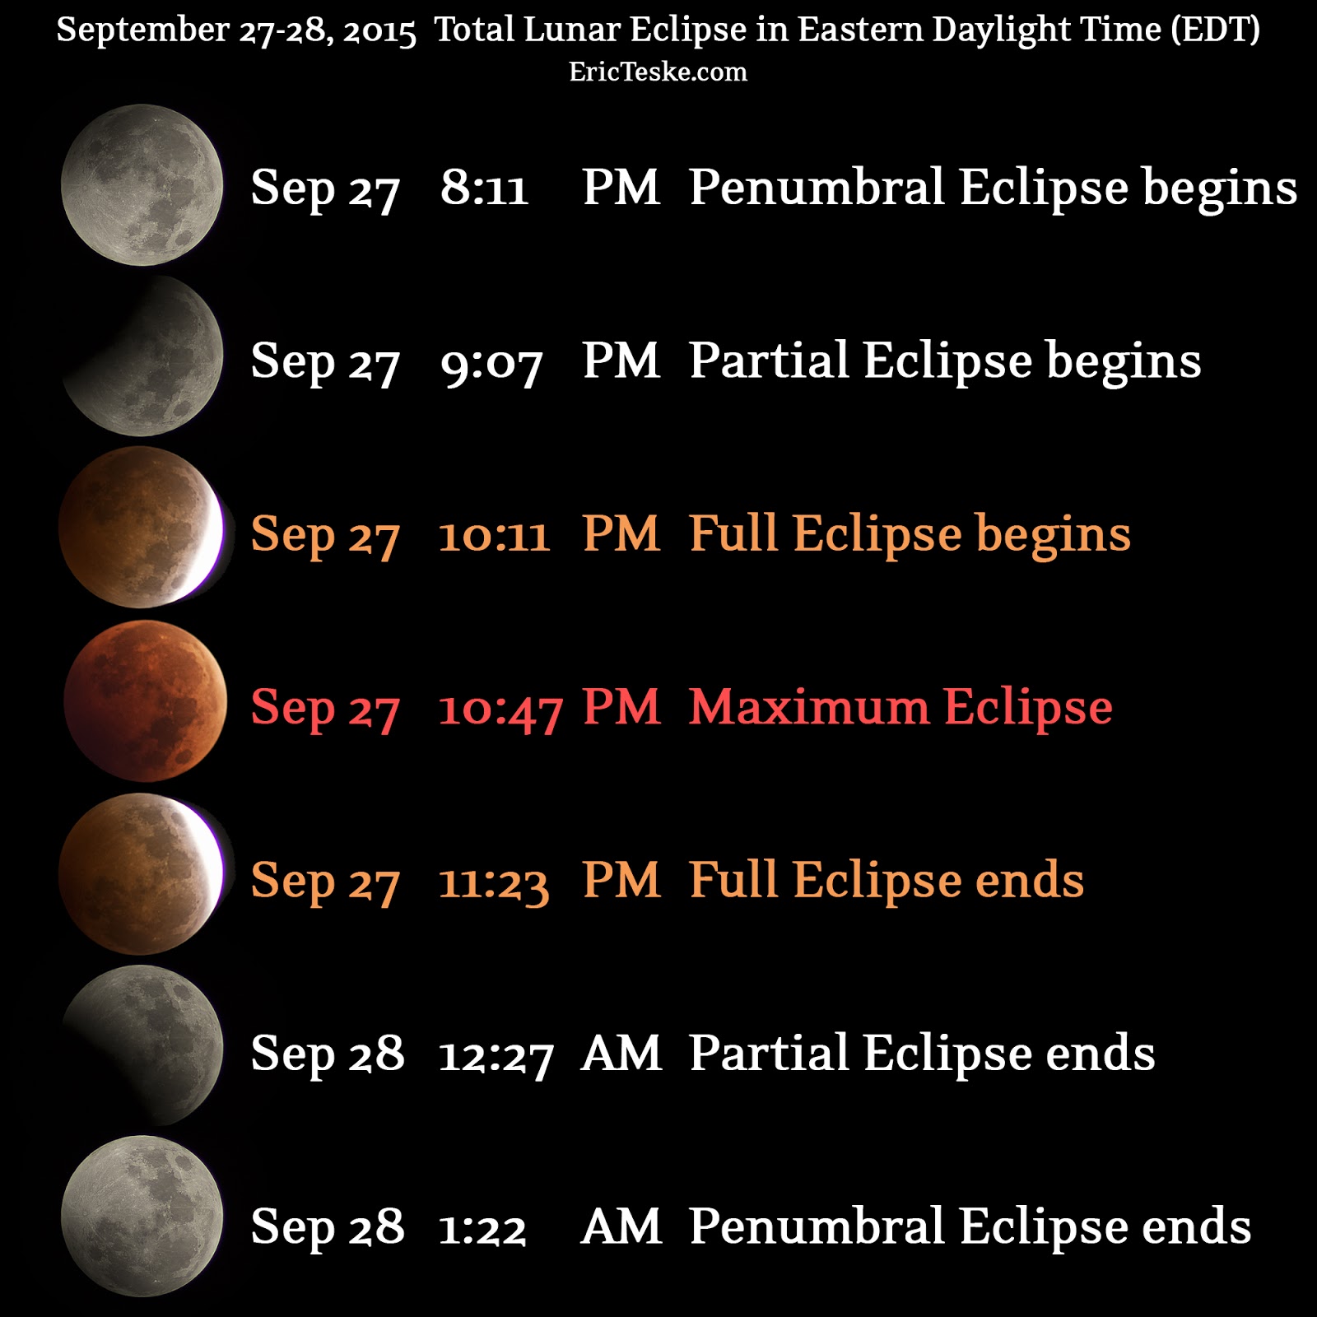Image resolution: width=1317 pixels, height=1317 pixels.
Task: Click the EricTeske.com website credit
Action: (x=658, y=72)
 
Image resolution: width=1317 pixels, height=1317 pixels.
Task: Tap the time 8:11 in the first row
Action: (x=484, y=188)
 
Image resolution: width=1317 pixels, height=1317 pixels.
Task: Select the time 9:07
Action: (x=491, y=362)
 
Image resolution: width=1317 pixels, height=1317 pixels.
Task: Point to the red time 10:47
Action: (x=500, y=709)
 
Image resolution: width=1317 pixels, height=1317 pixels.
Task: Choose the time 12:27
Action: (x=496, y=1055)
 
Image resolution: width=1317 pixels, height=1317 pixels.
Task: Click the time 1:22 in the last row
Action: (x=482, y=1228)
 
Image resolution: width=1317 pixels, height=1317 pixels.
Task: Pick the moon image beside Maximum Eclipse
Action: (x=145, y=701)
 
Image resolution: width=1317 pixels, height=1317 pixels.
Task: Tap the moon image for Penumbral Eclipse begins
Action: (x=142, y=185)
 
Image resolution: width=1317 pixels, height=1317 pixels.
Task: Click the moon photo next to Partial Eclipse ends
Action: (x=143, y=1045)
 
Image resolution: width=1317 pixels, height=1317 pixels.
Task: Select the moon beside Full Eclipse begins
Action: (x=142, y=528)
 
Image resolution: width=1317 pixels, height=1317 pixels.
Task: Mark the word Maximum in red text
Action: (x=809, y=707)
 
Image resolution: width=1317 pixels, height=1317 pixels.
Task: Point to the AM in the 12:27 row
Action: (x=621, y=1054)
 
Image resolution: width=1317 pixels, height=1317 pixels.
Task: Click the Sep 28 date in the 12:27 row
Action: (x=328, y=1054)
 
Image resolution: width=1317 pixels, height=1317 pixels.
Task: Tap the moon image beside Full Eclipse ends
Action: (x=142, y=873)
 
